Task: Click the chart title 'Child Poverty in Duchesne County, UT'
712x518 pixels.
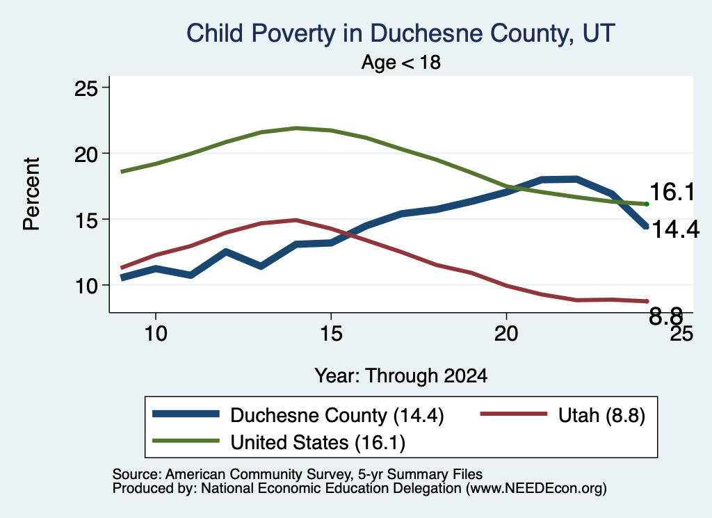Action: coord(400,34)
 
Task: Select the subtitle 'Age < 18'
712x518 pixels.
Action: coord(401,62)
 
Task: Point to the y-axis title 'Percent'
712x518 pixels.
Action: coord(31,194)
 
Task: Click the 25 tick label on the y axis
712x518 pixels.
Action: coord(86,88)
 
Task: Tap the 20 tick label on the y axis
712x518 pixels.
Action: coord(86,154)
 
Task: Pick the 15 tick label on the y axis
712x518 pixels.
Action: coord(86,220)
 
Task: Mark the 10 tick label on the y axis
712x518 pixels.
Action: coord(86,286)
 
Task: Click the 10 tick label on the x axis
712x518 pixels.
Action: coord(156,334)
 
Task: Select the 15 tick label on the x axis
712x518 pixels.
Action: coord(331,334)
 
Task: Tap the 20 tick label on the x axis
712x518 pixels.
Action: coord(506,334)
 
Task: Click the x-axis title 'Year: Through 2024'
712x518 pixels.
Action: coord(401,376)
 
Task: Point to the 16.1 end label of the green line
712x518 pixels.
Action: coord(672,192)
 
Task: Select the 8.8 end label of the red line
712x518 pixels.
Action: coord(665,316)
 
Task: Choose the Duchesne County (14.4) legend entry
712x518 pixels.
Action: coord(298,415)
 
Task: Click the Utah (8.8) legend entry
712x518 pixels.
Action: coord(563,415)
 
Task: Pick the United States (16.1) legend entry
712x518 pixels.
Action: coord(279,442)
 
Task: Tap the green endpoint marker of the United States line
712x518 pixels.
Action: coord(647,204)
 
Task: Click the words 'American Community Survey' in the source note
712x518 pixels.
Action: coord(258,474)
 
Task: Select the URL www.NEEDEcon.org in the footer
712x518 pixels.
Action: coord(536,489)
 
